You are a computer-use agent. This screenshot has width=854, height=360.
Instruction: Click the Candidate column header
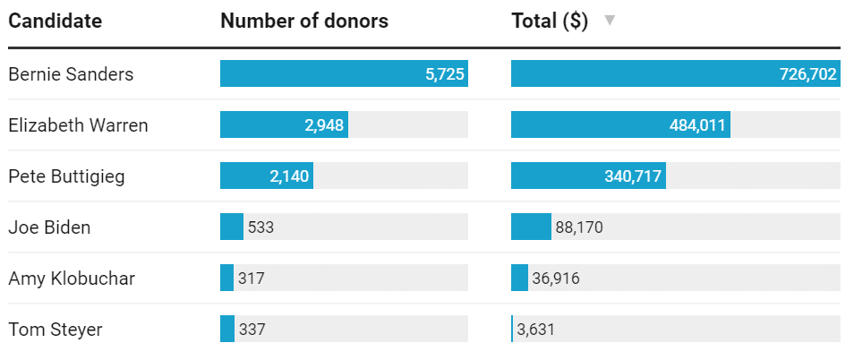click(56, 21)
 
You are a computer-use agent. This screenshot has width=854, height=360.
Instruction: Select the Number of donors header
click(304, 21)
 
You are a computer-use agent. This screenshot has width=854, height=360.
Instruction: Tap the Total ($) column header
click(550, 21)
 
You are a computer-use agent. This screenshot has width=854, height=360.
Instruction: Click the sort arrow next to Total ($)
click(610, 21)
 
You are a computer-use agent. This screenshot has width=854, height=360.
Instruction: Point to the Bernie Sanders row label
click(71, 74)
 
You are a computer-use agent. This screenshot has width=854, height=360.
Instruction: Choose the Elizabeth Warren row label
click(78, 125)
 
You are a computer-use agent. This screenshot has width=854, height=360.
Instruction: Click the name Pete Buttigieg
click(66, 176)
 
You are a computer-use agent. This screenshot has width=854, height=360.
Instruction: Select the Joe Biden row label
click(49, 227)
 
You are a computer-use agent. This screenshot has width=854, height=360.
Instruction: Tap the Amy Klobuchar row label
click(72, 279)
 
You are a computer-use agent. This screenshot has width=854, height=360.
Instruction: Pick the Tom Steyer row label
click(56, 330)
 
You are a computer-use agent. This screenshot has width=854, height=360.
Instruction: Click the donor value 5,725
click(445, 74)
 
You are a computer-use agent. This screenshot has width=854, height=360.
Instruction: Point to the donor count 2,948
click(324, 125)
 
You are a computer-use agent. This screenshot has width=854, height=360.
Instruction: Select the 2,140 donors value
click(289, 176)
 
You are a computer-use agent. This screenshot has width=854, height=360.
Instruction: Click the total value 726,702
click(808, 74)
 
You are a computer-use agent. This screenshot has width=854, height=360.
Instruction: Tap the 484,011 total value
click(697, 125)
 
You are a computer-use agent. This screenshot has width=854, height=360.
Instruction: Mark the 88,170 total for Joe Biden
click(579, 227)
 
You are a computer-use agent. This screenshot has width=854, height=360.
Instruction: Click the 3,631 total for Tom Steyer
click(536, 330)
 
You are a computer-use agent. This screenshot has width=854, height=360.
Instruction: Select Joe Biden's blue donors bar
click(231, 227)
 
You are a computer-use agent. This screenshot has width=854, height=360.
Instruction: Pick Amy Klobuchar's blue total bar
click(519, 279)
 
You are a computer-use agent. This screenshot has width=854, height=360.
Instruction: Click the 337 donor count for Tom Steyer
click(252, 330)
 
